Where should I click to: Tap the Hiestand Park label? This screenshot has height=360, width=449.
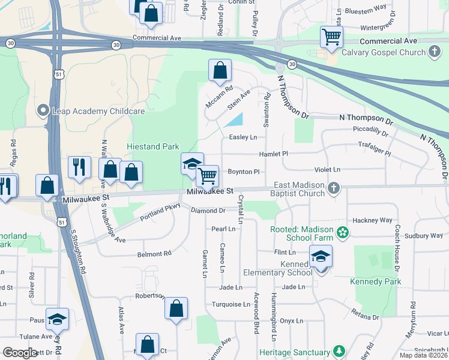pyautogui.click(x=152, y=146)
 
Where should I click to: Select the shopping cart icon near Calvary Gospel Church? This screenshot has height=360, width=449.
pyautogui.click(x=331, y=37)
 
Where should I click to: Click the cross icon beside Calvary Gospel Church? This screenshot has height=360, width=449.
pyautogui.click(x=435, y=52)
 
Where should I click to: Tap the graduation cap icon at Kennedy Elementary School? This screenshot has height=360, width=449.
pyautogui.click(x=321, y=257)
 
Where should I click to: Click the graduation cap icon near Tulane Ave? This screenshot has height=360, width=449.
pyautogui.click(x=57, y=320)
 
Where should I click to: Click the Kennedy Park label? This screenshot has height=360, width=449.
pyautogui.click(x=375, y=281)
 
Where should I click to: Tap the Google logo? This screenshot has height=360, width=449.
pyautogui.click(x=20, y=352)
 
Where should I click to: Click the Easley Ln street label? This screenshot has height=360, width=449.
pyautogui.click(x=243, y=137)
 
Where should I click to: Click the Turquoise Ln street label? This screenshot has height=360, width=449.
pyautogui.click(x=231, y=304)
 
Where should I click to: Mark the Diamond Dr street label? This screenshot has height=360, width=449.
pyautogui.click(x=208, y=211)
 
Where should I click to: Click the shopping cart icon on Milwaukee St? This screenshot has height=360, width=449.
pyautogui.click(x=208, y=177)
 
